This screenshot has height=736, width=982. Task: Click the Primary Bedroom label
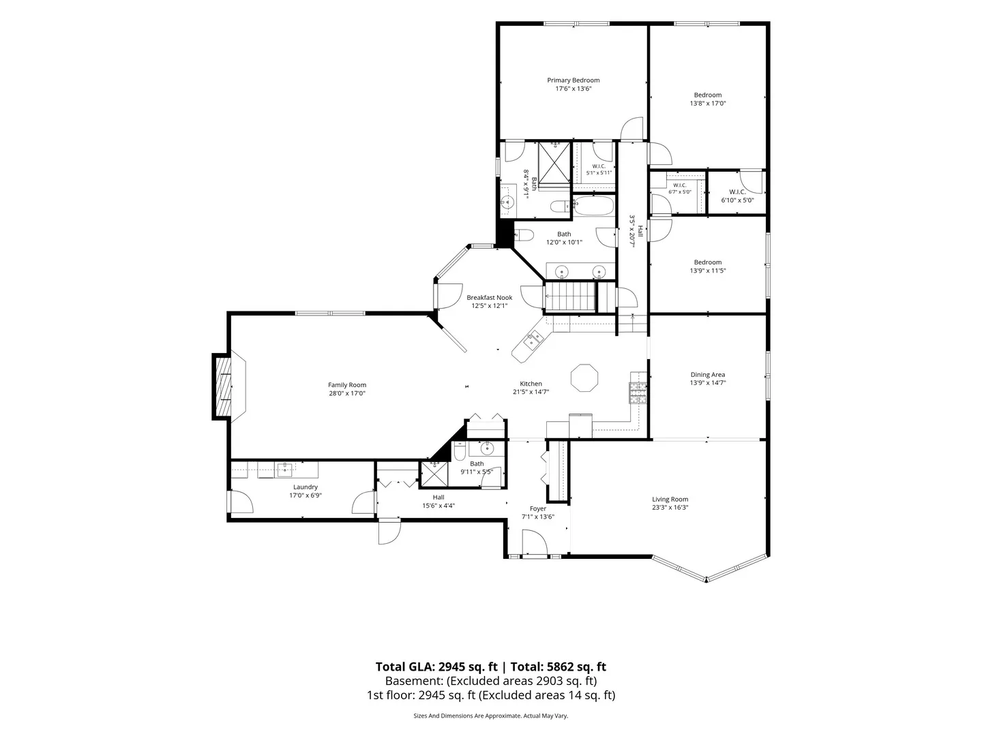573,80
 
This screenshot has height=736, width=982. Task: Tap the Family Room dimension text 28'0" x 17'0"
346,393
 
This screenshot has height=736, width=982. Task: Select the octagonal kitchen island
584,378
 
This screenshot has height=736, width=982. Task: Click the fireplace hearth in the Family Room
223,386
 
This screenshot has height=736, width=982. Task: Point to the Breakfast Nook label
490,298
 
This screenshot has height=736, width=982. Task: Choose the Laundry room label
306,487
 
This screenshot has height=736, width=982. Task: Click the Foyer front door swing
535,542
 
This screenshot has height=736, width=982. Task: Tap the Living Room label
670,499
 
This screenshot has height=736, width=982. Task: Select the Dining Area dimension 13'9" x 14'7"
708,382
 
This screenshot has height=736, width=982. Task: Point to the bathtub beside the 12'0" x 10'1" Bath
594,206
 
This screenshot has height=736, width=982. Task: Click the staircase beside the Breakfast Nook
570,296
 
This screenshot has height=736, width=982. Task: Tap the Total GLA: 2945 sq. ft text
436,666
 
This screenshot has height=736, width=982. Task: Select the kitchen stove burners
638,393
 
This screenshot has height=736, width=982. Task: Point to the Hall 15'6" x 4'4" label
438,502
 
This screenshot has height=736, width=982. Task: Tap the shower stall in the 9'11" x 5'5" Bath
434,474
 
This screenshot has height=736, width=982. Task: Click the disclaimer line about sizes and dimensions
491,716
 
